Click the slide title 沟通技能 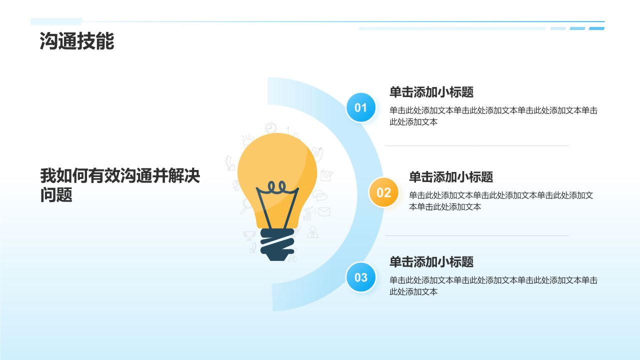(x=77, y=41)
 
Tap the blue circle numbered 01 (x=360, y=107)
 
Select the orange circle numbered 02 (x=383, y=192)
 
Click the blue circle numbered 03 (x=360, y=277)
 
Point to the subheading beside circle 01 (x=431, y=92)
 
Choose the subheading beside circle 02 (x=450, y=177)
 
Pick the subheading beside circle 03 (x=431, y=262)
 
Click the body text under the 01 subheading (x=493, y=116)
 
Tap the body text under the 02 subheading (x=500, y=201)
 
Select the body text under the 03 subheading (x=493, y=286)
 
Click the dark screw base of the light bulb (x=277, y=244)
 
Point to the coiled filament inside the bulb (x=276, y=188)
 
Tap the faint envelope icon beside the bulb (x=324, y=211)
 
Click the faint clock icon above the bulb (x=270, y=128)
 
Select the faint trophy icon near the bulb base (x=249, y=235)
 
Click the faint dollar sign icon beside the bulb (x=236, y=185)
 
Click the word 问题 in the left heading (x=56, y=195)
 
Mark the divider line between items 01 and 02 (x=476, y=146)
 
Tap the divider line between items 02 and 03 (x=476, y=235)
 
